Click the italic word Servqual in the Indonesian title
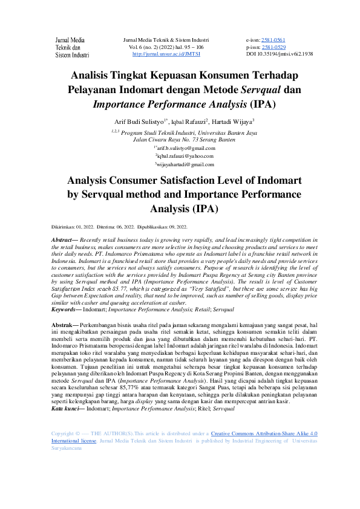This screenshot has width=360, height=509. [x=263, y=89]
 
